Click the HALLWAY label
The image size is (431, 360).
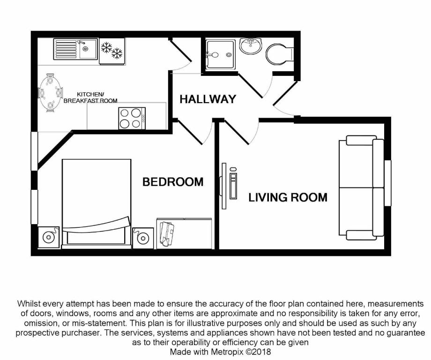click(208, 99)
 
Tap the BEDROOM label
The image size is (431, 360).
click(173, 182)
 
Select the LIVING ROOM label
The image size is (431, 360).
click(288, 197)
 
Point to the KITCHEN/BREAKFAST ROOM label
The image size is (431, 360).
click(90, 97)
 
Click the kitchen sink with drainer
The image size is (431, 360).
click(75, 49)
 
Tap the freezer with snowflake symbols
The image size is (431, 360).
click(111, 50)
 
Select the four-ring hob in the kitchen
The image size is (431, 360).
click(132, 118)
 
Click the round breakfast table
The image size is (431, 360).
click(50, 93)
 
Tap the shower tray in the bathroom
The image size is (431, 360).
click(220, 54)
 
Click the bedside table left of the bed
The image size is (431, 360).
click(48, 237)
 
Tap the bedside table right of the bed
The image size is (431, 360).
click(142, 238)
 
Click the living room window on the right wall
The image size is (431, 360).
click(387, 183)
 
